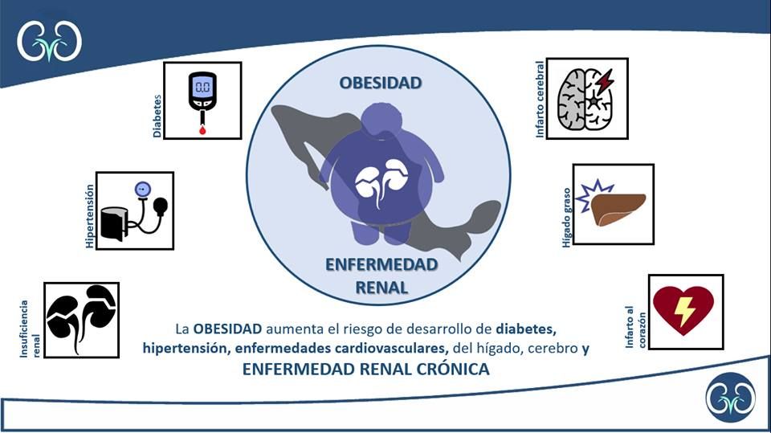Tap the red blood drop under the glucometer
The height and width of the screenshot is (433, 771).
tap(202, 130)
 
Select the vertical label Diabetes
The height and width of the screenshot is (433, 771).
tap(157, 116)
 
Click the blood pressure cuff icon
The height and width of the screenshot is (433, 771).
tap(134, 211)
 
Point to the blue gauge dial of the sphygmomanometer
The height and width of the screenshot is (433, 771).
tap(143, 189)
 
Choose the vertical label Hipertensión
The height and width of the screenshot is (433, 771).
tap(89, 216)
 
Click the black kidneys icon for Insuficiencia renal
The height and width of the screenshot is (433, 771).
tap(81, 319)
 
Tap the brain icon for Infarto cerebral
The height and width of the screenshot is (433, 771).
tap(586, 98)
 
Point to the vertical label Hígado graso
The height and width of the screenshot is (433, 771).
tap(567, 217)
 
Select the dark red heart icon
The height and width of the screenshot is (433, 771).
tap(683, 310)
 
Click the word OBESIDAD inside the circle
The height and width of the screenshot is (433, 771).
tap(381, 83)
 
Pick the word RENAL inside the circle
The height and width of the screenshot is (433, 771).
tap(381, 288)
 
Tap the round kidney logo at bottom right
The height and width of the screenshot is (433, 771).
tap(731, 398)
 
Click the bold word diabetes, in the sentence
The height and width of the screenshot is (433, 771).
tap(526, 329)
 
